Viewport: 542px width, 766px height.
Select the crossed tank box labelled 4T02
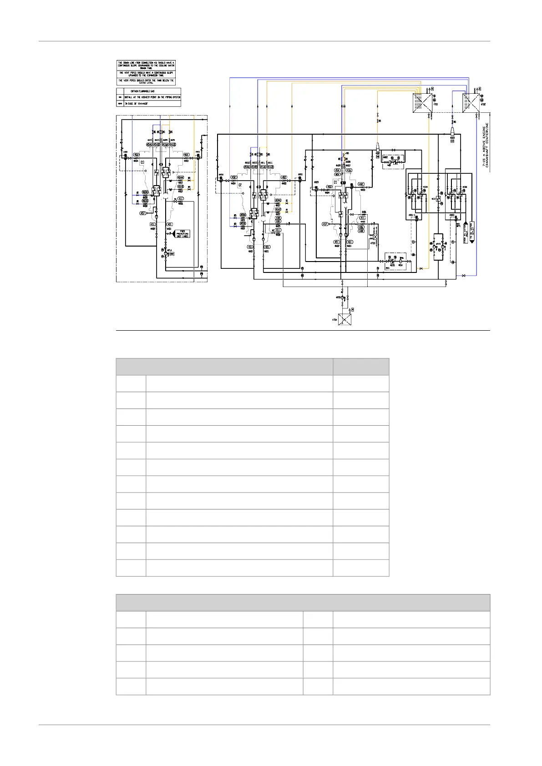pos(471,101)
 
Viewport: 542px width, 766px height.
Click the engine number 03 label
pos(142,162)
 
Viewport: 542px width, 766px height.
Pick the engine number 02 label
pos(240,185)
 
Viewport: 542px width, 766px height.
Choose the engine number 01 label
pos(336,182)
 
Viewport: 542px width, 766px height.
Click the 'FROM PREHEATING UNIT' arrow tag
pos(182,234)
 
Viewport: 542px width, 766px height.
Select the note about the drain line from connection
pos(146,66)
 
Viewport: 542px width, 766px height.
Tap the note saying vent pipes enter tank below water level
pos(146,81)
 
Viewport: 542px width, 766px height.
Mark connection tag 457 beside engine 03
pos(143,213)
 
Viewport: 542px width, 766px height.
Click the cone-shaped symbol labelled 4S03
pos(452,131)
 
